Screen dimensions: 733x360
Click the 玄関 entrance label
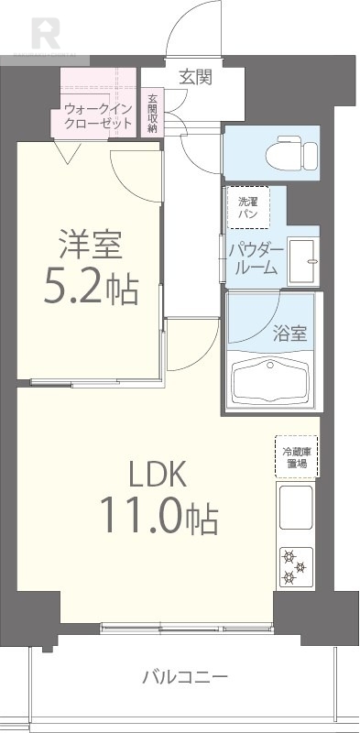(195, 77)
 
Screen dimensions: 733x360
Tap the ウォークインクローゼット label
(98, 116)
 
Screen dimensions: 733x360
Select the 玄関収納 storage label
(152, 114)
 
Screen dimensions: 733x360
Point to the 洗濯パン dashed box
(248, 207)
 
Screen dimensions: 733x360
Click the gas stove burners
(295, 565)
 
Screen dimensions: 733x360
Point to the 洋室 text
(92, 248)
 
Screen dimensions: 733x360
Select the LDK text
(157, 474)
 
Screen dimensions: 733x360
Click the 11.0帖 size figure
(157, 520)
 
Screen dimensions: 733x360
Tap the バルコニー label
(186, 678)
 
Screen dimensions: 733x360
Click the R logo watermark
(45, 34)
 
